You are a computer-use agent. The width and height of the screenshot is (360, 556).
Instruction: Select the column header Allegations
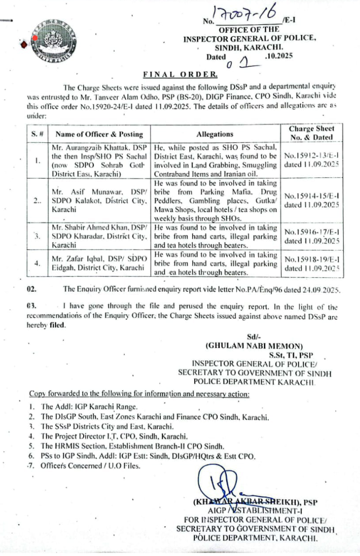(x=216, y=134)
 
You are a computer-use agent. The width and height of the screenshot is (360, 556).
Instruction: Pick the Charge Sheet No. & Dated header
(x=311, y=133)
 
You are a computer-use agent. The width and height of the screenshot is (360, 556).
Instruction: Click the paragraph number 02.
(x=32, y=290)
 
